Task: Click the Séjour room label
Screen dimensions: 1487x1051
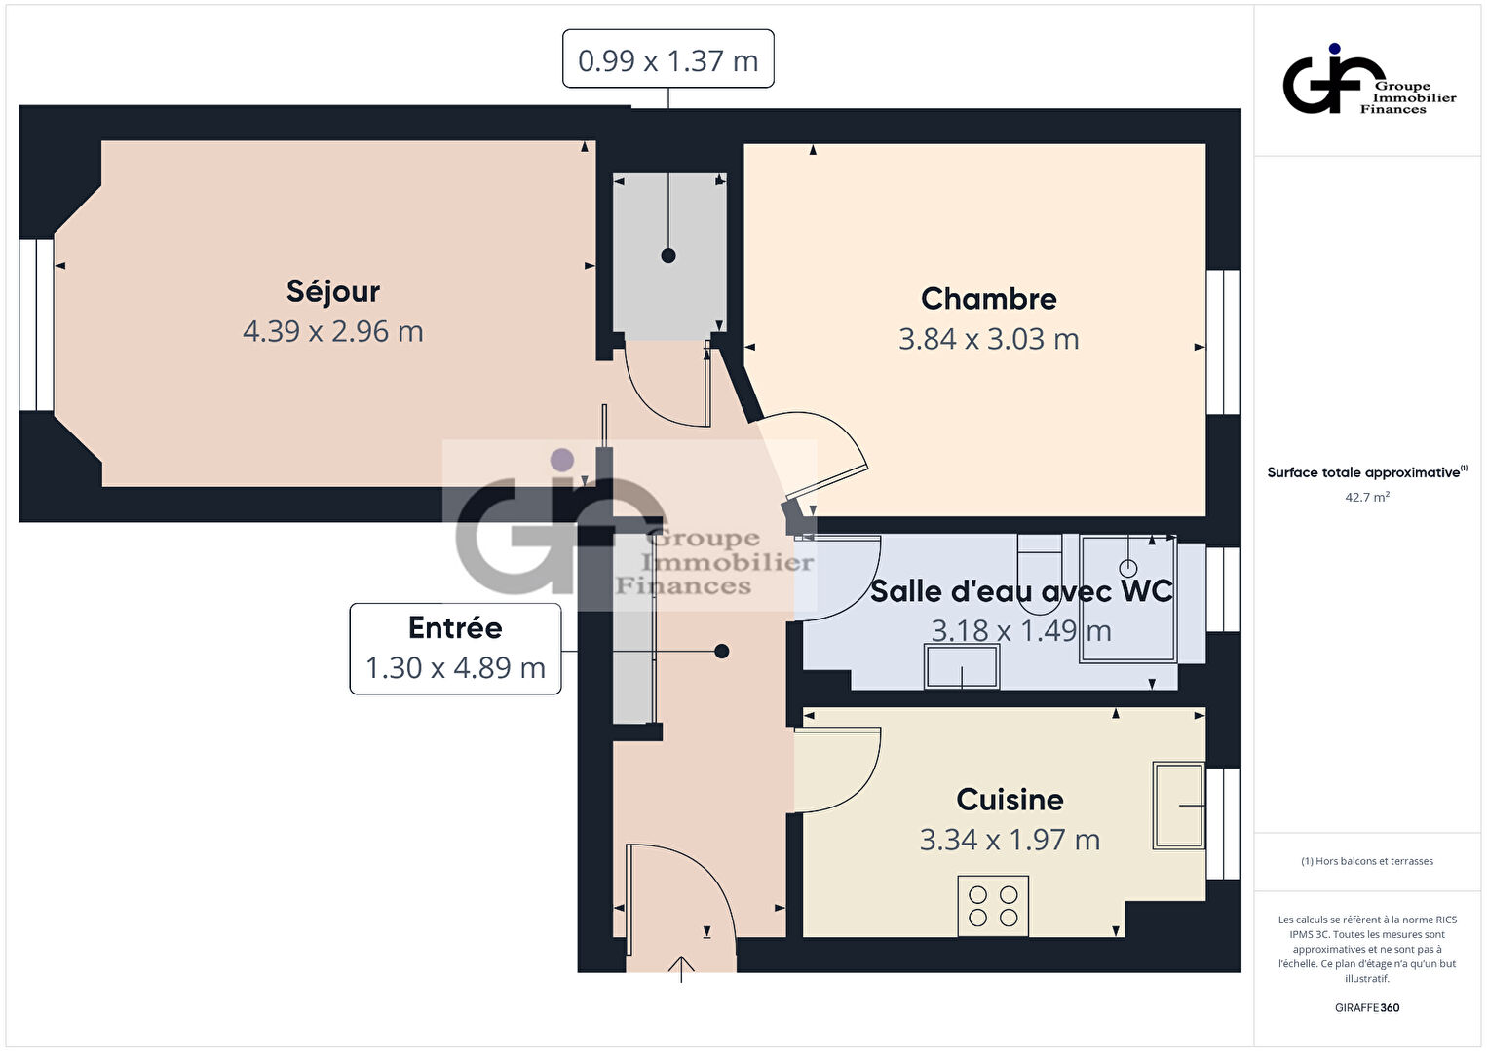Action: pyautogui.click(x=333, y=292)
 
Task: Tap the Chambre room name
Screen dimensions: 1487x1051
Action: pyautogui.click(x=988, y=299)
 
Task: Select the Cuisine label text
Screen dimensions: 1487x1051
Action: pyautogui.click(x=1010, y=800)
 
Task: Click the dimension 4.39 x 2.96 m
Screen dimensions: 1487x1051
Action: pyautogui.click(x=333, y=332)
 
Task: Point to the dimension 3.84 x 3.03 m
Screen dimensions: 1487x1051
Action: pyautogui.click(x=988, y=339)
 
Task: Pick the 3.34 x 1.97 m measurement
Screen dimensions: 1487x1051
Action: pyautogui.click(x=1010, y=840)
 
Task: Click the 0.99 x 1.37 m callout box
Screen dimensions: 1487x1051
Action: pyautogui.click(x=667, y=59)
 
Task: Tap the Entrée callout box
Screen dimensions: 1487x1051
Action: pyautogui.click(x=455, y=649)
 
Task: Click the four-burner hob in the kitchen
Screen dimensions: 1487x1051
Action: pyautogui.click(x=993, y=907)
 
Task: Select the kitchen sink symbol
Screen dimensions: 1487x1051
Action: pyautogui.click(x=1179, y=806)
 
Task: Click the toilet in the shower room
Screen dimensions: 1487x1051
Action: pyautogui.click(x=1040, y=572)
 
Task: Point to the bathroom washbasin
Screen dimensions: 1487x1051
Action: pyautogui.click(x=962, y=666)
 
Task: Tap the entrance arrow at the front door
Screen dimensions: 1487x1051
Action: pyautogui.click(x=681, y=969)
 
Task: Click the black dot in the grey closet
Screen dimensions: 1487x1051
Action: pyautogui.click(x=668, y=255)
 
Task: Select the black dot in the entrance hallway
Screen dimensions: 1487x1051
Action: pyautogui.click(x=722, y=652)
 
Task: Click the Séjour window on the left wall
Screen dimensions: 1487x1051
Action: pyautogui.click(x=36, y=324)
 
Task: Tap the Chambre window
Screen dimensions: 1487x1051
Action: pyautogui.click(x=1224, y=342)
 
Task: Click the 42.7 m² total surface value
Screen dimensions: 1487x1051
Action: pyautogui.click(x=1367, y=497)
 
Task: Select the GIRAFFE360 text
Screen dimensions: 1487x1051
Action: pyautogui.click(x=1367, y=1007)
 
